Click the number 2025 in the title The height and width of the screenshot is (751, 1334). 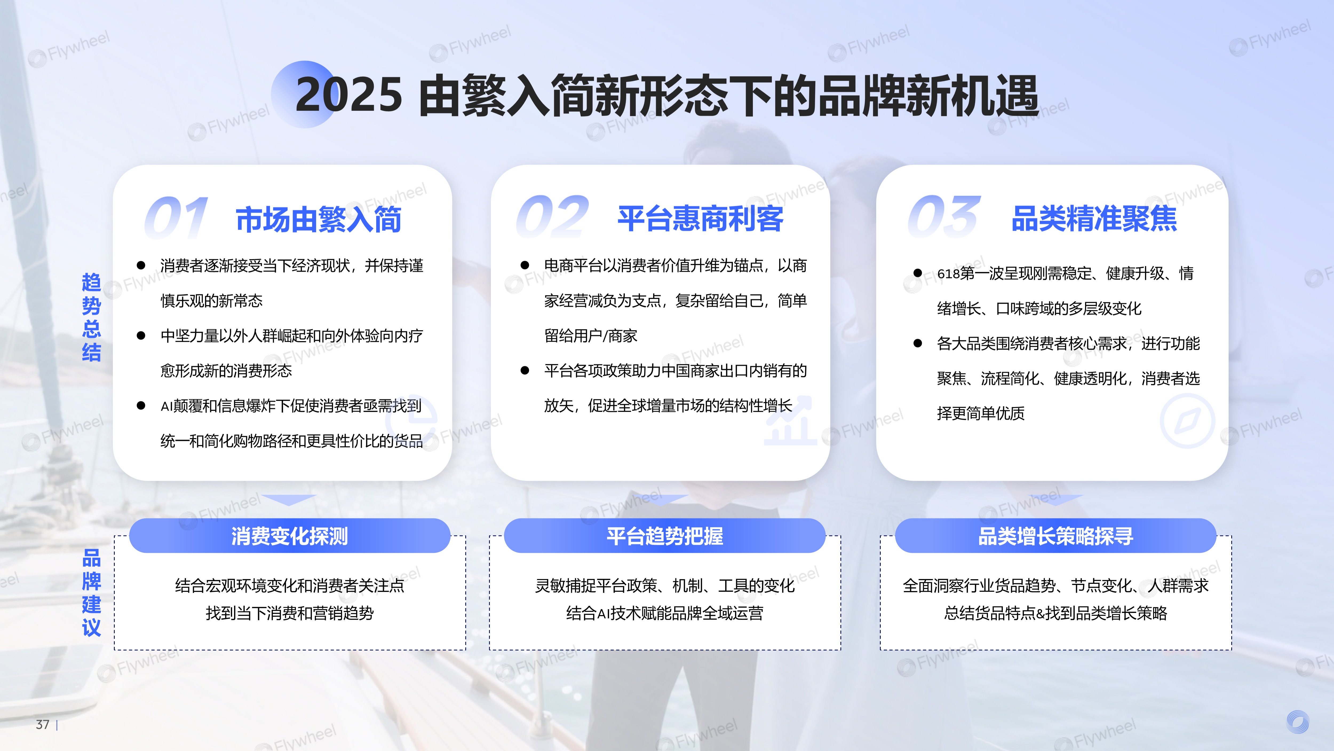(348, 95)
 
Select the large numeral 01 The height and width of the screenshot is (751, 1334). (176, 218)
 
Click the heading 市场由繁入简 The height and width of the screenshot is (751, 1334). (319, 219)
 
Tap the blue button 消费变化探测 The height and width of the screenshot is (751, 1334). (289, 536)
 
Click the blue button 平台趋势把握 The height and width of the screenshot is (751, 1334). (664, 536)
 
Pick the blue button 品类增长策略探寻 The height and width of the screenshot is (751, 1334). (1055, 536)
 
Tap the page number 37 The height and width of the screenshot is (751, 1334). (42, 725)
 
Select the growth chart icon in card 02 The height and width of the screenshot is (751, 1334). (789, 421)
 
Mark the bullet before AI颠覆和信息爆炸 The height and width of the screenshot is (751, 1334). (141, 405)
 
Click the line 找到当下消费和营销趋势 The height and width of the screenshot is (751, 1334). (289, 613)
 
